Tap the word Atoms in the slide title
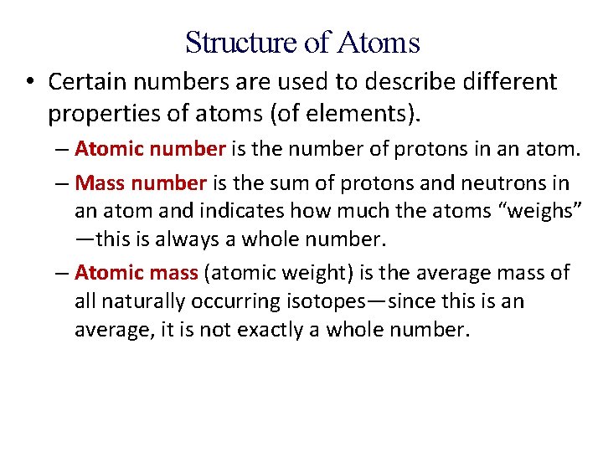click(x=379, y=41)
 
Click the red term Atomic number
click(x=150, y=149)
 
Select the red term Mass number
click(x=140, y=182)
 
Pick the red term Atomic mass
click(x=136, y=272)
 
